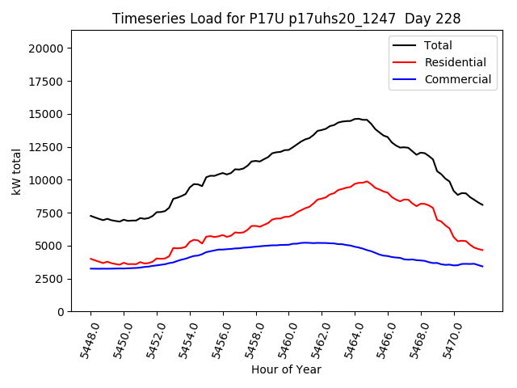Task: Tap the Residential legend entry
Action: [455, 62]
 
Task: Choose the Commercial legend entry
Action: [457, 79]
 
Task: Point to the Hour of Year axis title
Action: [286, 369]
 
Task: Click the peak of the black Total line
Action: [357, 119]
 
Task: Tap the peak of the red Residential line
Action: [367, 181]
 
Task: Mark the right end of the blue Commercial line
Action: [483, 266]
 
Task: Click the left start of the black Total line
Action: [90, 216]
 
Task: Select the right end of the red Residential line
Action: [483, 250]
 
